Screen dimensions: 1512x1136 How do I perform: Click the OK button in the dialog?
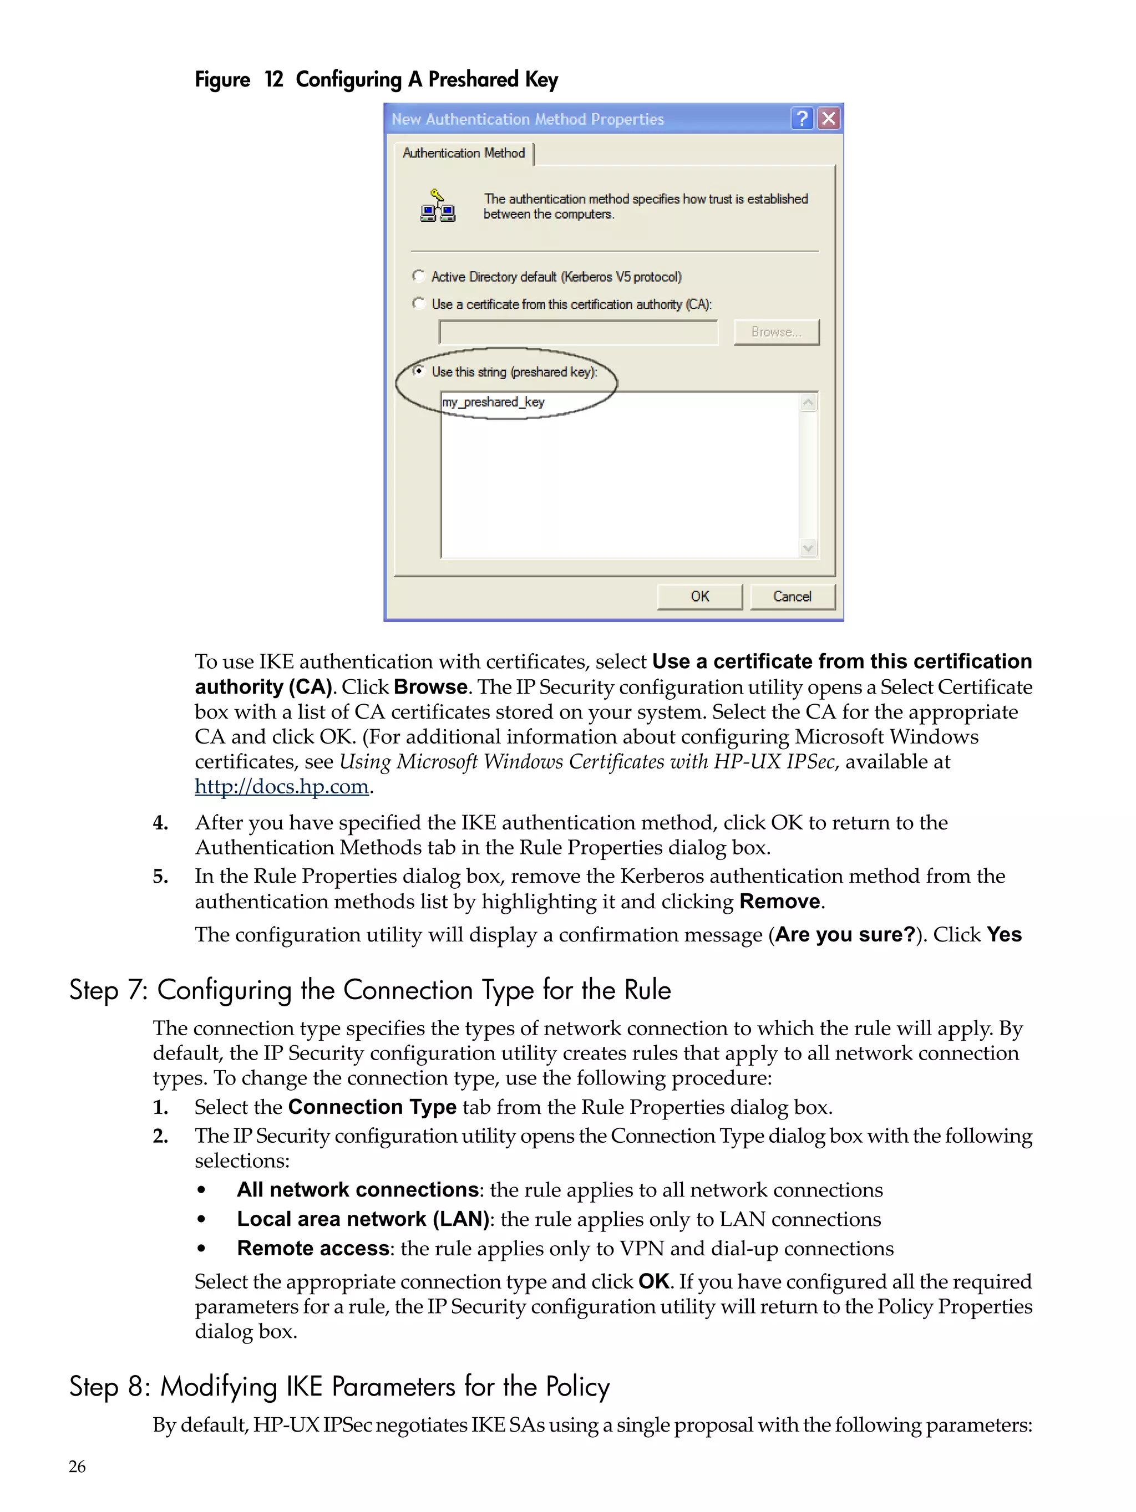pos(699,596)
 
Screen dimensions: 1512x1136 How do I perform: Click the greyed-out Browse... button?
pos(775,332)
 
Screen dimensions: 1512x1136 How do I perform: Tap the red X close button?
pos(828,119)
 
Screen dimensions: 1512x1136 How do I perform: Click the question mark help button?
pos(802,119)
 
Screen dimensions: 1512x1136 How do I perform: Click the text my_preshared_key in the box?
pos(493,402)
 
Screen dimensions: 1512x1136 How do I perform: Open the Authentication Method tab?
pos(463,153)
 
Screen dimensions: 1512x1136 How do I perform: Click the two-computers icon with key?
pos(438,206)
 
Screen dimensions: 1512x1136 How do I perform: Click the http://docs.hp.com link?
pos(281,786)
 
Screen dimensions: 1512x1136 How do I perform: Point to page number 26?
pos(77,1466)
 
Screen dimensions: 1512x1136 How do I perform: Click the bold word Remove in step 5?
pos(779,902)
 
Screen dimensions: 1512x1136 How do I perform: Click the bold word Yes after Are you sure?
pos(1004,934)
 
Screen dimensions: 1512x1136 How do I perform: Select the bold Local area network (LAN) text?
pos(362,1219)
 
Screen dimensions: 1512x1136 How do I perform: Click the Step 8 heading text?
pos(339,1387)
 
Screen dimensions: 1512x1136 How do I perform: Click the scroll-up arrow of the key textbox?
pos(808,403)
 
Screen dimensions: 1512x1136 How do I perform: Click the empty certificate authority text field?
pos(578,332)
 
